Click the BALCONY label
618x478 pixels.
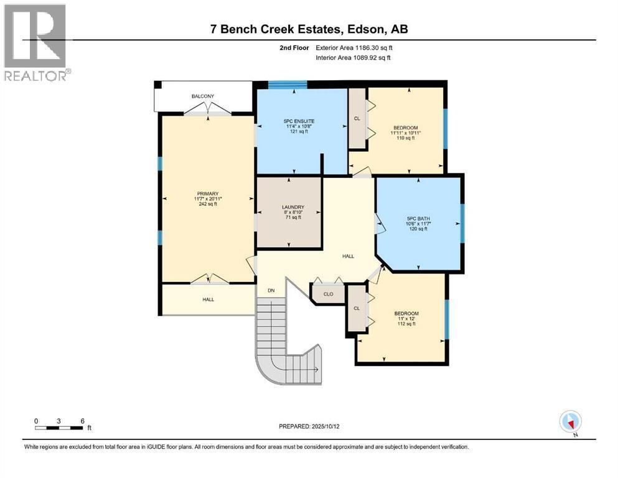(203, 96)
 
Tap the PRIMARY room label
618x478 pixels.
(208, 194)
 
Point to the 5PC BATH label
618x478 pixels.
(419, 218)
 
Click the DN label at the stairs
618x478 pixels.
(271, 291)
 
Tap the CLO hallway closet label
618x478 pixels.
(329, 294)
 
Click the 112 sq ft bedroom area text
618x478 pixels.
(406, 325)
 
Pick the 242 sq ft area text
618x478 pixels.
(208, 205)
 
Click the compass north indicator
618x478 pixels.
(570, 421)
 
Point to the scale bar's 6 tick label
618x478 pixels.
(82, 420)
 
